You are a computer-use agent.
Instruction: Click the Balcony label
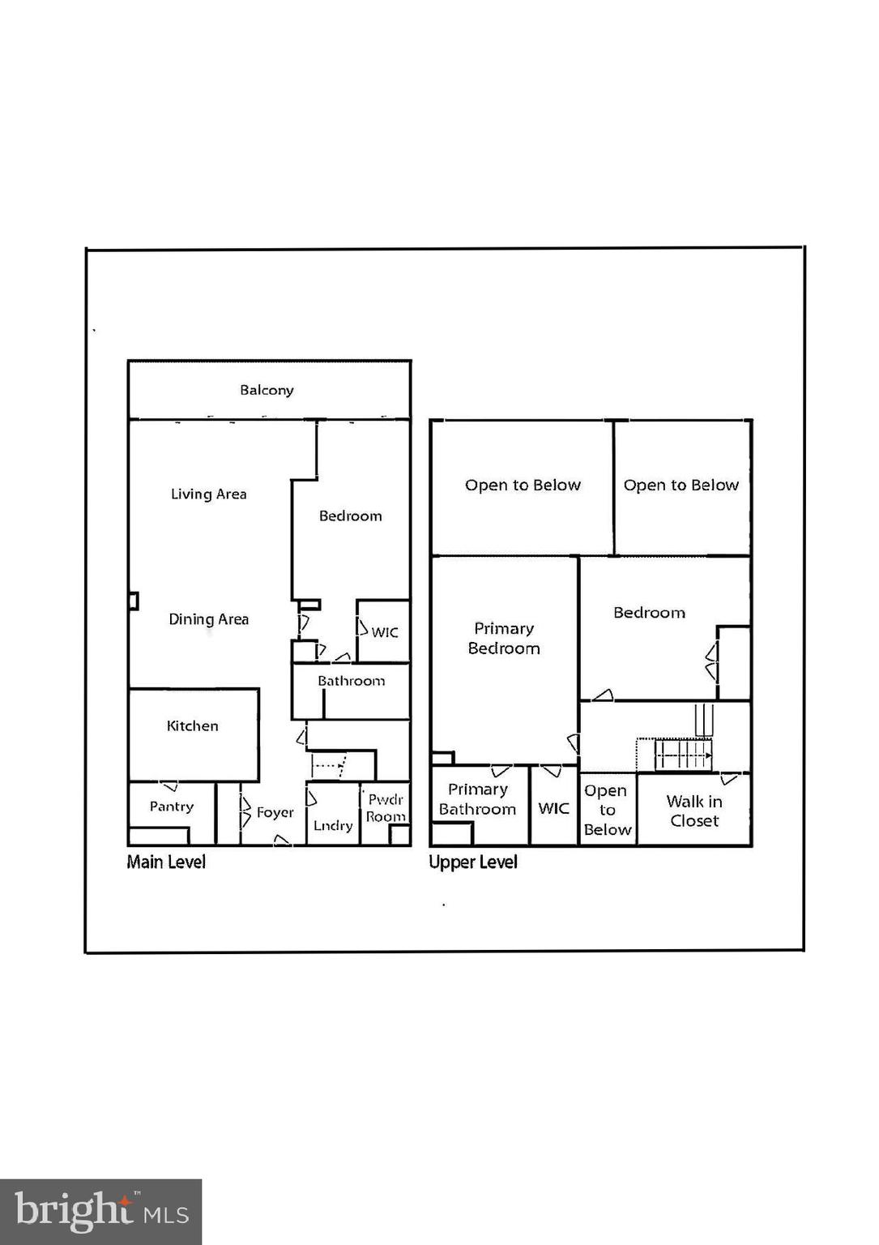pos(267,390)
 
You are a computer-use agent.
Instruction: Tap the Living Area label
pos(208,494)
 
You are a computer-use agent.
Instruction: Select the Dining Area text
pos(208,619)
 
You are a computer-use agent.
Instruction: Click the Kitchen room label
pos(192,725)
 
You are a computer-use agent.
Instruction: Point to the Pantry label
pos(172,806)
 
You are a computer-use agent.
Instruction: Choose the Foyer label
pos(275,812)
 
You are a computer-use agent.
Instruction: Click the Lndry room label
pos(333,825)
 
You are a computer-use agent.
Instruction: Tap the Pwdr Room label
pos(386,808)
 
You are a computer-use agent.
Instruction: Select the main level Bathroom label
pos(351,681)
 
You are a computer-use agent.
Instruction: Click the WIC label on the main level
pos(385,632)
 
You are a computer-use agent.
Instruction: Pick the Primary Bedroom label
pos(504,638)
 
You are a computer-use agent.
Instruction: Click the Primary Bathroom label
pos(477,799)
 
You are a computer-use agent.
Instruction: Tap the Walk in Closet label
pos(694,811)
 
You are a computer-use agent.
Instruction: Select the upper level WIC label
pos(554,808)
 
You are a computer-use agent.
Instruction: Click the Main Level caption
pos(166,862)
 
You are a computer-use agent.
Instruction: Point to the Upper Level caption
pos(473,862)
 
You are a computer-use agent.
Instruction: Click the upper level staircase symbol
pos(682,755)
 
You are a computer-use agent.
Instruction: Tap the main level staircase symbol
pos(331,764)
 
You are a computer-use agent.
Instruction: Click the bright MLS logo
pos(100,1212)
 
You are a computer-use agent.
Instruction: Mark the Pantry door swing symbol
pos(169,786)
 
